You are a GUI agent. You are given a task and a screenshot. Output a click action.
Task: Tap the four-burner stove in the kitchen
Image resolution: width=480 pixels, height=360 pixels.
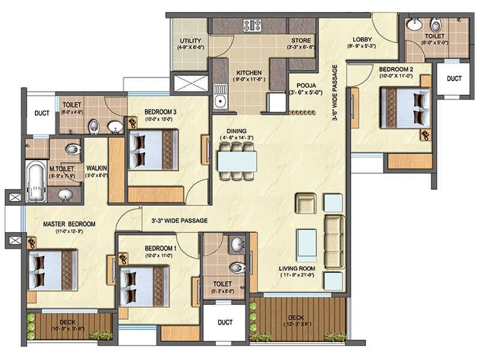[x=252, y=25]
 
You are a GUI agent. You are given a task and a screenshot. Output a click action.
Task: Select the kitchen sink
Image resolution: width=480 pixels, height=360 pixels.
[x=220, y=95]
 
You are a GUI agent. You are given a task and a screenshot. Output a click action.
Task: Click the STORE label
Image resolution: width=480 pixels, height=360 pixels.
[x=300, y=39]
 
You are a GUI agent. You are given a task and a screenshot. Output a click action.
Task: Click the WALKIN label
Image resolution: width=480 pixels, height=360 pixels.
[x=97, y=169]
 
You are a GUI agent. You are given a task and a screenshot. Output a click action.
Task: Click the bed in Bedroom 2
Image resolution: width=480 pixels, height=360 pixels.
[x=406, y=107]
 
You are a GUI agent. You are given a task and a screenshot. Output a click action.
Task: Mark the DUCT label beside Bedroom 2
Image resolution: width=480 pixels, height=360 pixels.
[x=454, y=78]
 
